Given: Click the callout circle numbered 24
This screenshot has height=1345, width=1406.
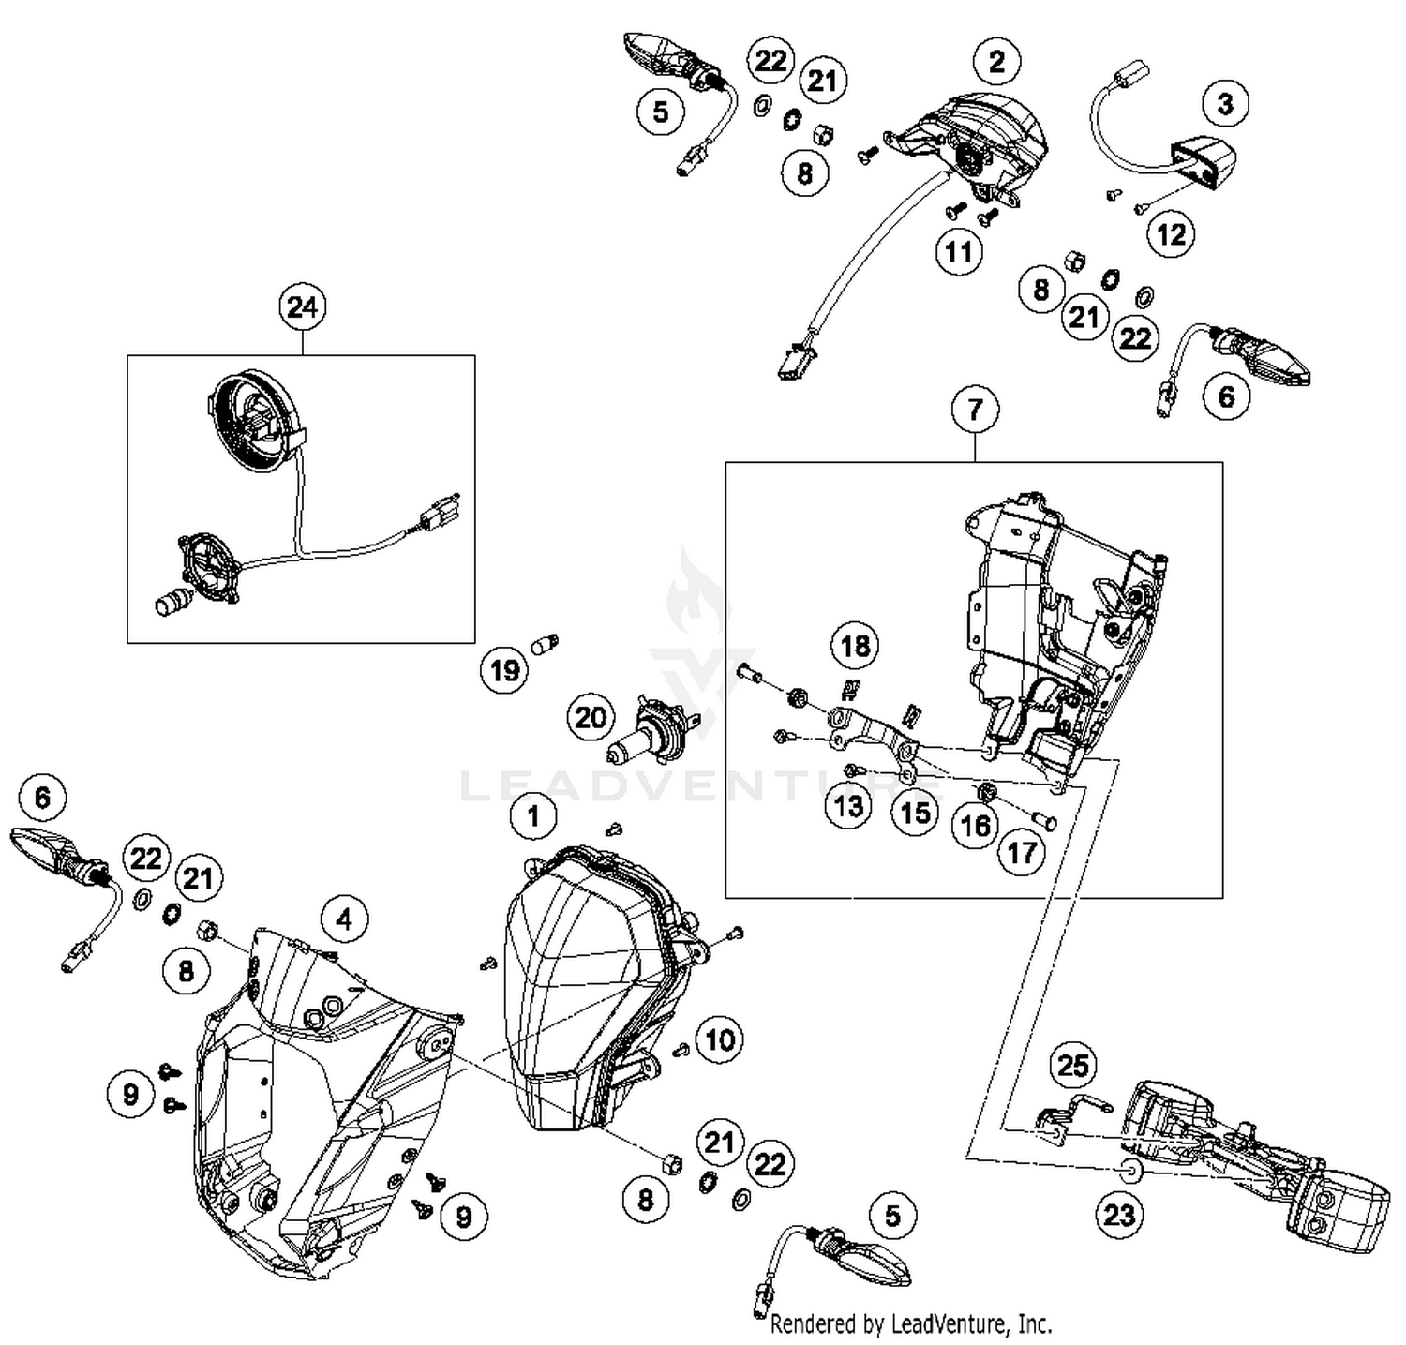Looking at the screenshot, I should tap(302, 308).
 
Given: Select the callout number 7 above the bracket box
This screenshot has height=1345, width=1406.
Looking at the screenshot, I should tap(975, 410).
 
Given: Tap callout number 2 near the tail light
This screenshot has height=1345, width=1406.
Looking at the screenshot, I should tap(996, 62).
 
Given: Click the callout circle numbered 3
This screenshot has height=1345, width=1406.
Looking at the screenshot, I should tap(1225, 104).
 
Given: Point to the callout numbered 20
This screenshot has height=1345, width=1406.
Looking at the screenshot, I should tap(591, 718).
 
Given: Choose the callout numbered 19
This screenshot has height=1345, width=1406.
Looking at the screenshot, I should tap(505, 670).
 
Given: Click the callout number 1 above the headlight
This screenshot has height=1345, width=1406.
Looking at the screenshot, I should tap(533, 816).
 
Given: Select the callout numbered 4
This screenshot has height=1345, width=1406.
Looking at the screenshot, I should tap(344, 919).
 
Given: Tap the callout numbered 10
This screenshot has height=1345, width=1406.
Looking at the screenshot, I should tap(720, 1039).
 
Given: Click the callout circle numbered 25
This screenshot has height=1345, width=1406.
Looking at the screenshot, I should tap(1073, 1065).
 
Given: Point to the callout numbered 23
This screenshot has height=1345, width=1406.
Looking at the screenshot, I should tap(1119, 1215).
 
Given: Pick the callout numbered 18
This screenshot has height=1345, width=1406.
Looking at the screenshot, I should tap(855, 646).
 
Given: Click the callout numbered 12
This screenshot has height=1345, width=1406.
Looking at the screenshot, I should tap(1172, 233).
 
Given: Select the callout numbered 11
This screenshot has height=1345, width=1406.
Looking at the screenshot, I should tap(959, 252).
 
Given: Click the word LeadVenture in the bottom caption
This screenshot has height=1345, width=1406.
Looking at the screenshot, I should tap(950, 1323).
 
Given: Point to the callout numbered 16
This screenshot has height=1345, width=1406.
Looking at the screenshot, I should tap(975, 825).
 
